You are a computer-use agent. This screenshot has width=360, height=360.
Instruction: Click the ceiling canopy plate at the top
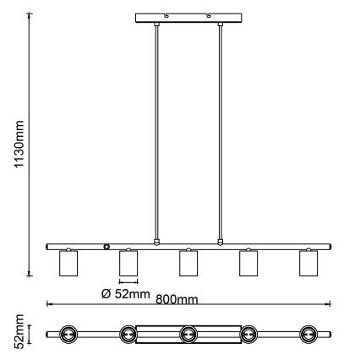pyautogui.click(x=187, y=17)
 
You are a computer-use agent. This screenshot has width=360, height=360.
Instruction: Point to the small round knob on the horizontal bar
pyautogui.click(x=106, y=247)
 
